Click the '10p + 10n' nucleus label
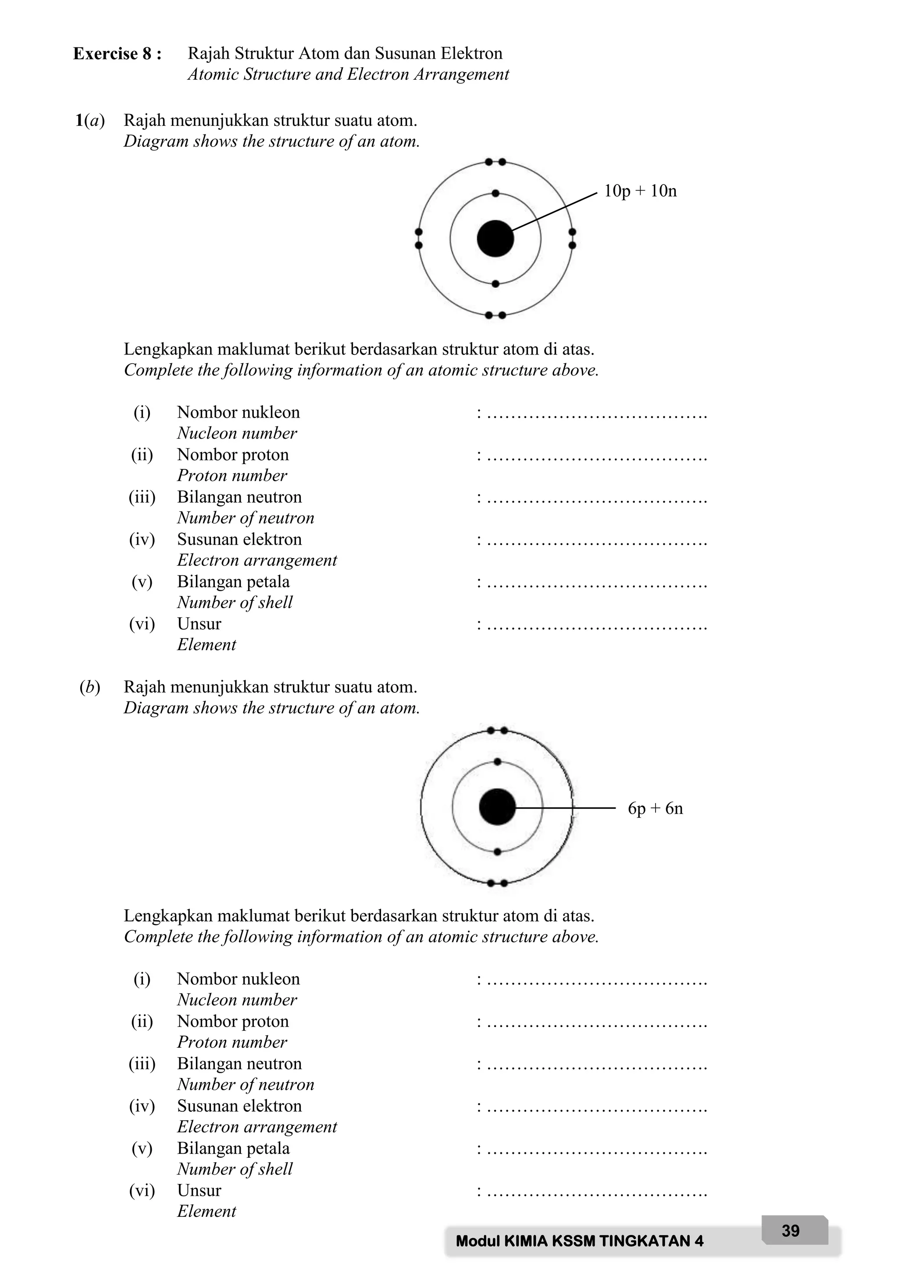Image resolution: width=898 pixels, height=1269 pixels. point(640,191)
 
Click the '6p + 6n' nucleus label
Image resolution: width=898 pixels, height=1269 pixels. point(655,808)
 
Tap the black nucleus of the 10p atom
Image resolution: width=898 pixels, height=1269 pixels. point(495,239)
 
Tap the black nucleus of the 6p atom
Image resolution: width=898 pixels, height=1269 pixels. point(497,807)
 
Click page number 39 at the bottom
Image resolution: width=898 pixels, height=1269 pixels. point(790,1230)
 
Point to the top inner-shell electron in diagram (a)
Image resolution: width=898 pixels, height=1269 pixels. point(495,193)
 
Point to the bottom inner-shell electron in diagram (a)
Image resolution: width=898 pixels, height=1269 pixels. point(495,284)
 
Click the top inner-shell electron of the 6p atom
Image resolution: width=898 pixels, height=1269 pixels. point(497,762)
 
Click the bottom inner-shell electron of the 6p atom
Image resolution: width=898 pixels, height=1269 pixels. point(497,852)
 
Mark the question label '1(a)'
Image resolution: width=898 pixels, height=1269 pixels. point(89,121)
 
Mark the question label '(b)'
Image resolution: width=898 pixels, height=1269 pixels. point(89,687)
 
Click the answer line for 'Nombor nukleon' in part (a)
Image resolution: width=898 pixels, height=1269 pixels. point(597,415)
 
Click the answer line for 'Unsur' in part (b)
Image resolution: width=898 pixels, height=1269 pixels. point(597,1192)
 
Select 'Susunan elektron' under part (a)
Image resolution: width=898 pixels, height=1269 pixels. point(239,539)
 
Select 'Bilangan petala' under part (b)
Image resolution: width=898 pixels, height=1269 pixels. point(233,1148)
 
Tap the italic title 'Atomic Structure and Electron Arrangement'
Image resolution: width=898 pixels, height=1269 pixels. point(348,74)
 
